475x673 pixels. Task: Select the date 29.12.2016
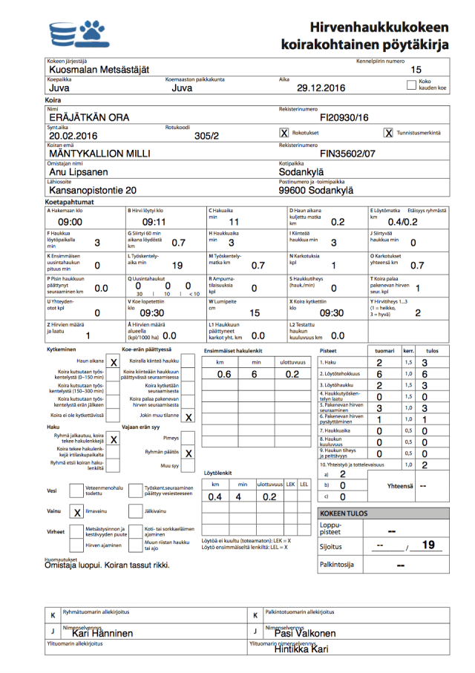tap(321, 88)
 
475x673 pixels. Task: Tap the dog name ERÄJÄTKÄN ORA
tap(88, 117)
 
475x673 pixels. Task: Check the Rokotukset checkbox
tap(284, 133)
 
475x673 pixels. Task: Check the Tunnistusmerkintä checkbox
tap(388, 133)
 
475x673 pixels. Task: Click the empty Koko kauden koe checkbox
tap(412, 85)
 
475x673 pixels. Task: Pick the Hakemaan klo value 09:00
tap(70, 222)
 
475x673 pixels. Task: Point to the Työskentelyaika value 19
tap(177, 265)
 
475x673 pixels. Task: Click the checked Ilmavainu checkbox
tap(77, 513)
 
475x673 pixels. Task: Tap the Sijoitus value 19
tap(427, 545)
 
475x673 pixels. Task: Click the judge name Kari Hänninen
tap(102, 633)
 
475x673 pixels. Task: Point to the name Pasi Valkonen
tap(305, 633)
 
